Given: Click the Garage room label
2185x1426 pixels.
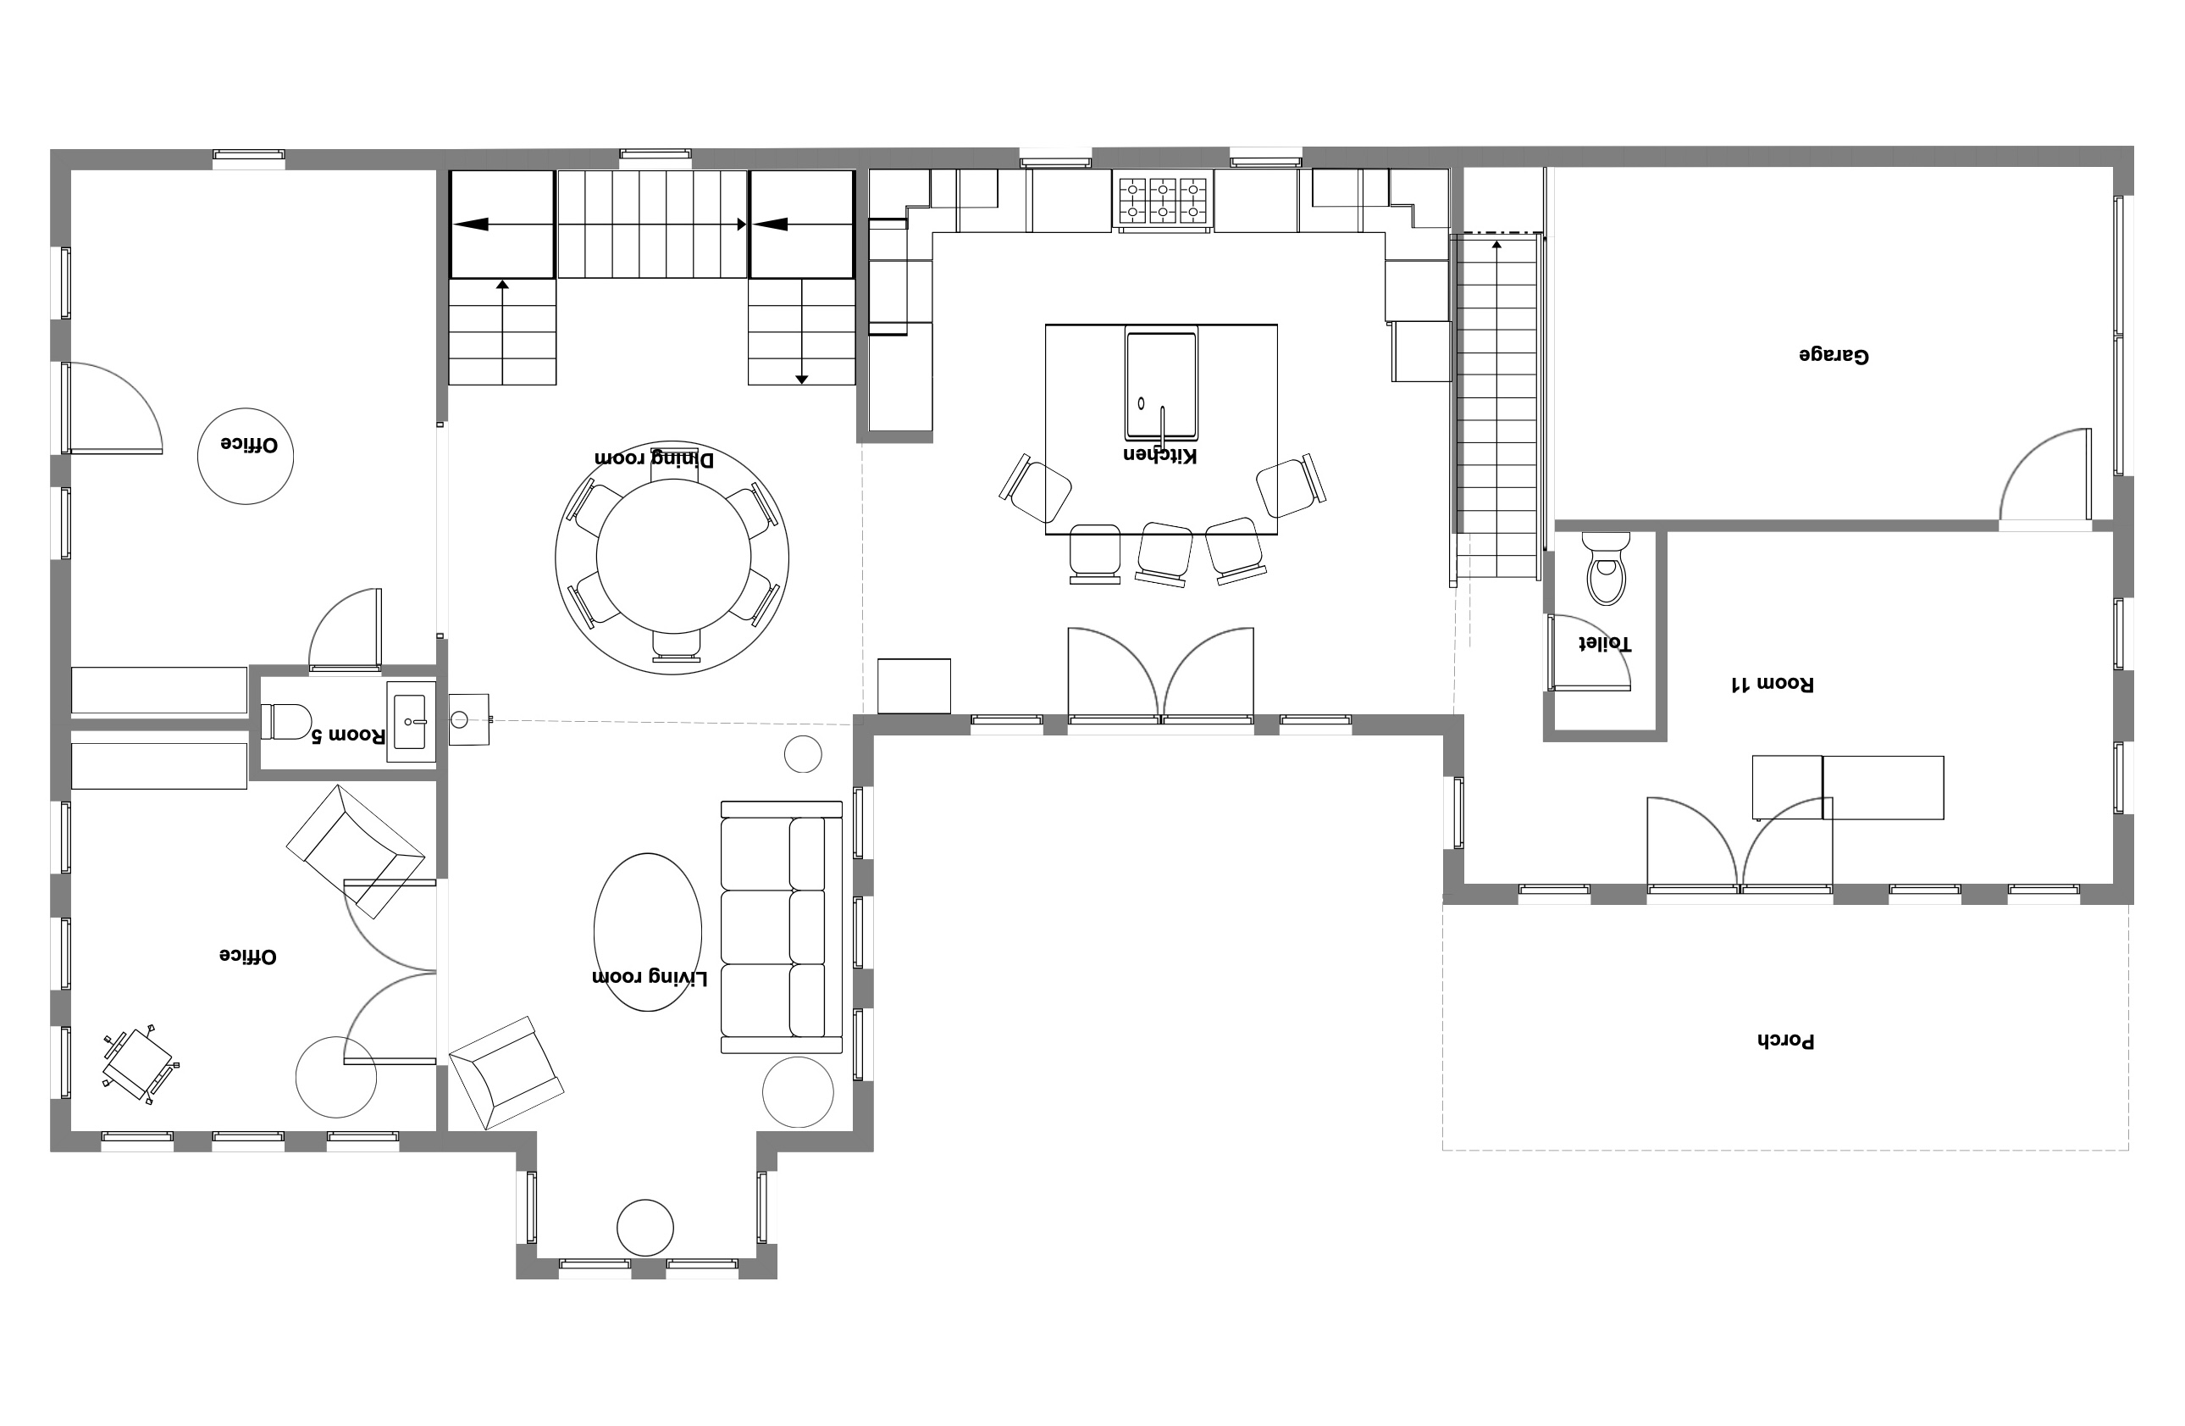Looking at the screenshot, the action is tap(1834, 355).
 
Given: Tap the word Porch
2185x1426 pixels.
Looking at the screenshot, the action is tap(1785, 1041).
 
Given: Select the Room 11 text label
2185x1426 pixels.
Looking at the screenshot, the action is tap(1771, 684).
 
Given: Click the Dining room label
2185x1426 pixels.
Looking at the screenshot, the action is tap(654, 458).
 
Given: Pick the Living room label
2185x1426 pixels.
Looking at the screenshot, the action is tap(650, 978).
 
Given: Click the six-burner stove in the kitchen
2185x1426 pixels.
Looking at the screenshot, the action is tap(1162, 200).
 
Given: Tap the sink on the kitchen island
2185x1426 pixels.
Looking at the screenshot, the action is tap(1161, 386).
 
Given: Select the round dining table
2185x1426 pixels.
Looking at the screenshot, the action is tap(674, 557).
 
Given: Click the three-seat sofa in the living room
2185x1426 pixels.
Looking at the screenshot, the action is tap(782, 928).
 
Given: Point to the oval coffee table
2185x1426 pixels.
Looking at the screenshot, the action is tap(648, 932).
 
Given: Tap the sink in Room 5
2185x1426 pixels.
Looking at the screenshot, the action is tap(412, 722).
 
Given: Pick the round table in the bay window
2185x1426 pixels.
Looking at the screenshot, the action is tap(645, 1228).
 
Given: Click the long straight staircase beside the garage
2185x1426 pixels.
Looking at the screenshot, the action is tap(1497, 407).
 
